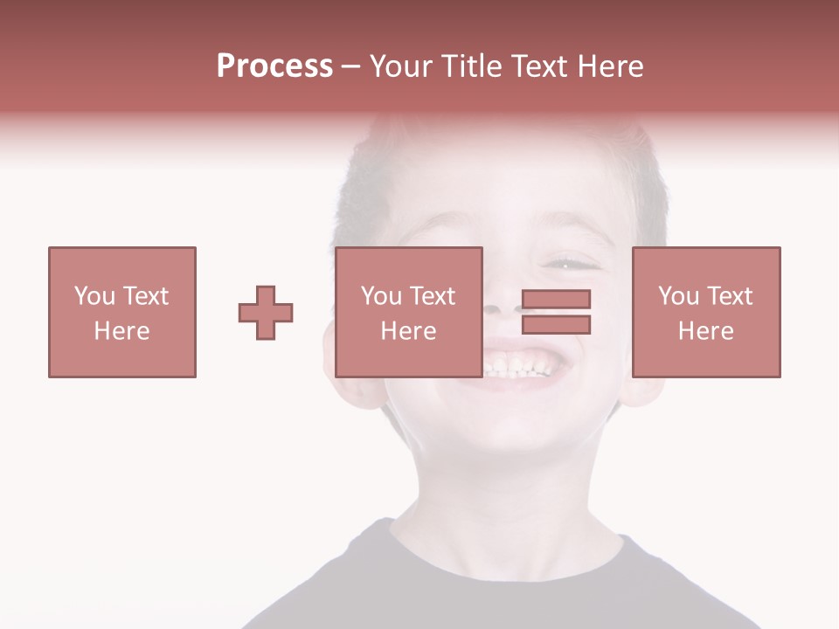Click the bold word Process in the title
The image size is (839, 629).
pyautogui.click(x=274, y=66)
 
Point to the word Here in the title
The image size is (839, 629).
pyautogui.click(x=610, y=66)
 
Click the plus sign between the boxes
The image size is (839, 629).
pyautogui.click(x=266, y=313)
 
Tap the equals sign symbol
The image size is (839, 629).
pyautogui.click(x=556, y=312)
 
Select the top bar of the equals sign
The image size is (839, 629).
pyautogui.click(x=556, y=300)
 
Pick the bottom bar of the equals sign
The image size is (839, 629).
pyautogui.click(x=556, y=325)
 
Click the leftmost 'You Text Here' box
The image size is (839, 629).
pyautogui.click(x=121, y=312)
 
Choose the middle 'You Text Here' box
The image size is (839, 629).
pyautogui.click(x=408, y=312)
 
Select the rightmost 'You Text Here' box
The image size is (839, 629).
pyautogui.click(x=705, y=312)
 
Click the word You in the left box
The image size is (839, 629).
pyautogui.click(x=94, y=296)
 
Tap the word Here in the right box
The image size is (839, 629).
pyautogui.click(x=705, y=331)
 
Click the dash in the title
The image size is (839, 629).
pyautogui.click(x=351, y=66)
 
